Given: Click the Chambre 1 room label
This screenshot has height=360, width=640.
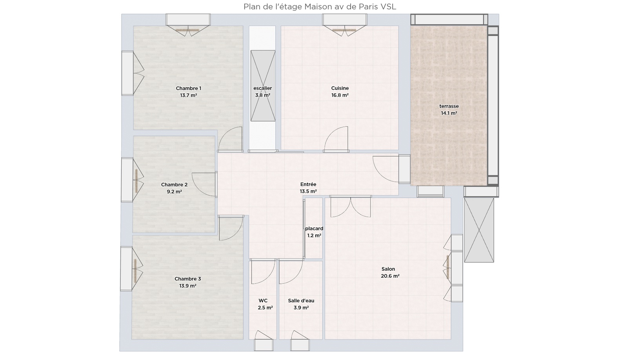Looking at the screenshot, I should click(x=188, y=88).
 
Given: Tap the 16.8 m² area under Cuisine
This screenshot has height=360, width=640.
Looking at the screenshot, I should click(x=340, y=95).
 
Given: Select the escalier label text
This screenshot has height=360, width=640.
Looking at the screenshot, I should click(x=262, y=88).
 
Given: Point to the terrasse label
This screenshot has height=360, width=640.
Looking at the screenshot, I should click(x=449, y=106).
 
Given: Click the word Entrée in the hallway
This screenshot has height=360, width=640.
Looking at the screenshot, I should click(x=308, y=184).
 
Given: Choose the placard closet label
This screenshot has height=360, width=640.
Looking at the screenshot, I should click(x=314, y=229).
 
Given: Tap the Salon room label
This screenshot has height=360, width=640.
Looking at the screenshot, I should click(x=388, y=269).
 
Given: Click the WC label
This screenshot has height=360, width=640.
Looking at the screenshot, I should click(x=263, y=301).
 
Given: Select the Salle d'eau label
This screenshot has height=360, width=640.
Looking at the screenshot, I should click(x=301, y=301).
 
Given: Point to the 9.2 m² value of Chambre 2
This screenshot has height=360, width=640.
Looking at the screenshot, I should click(x=174, y=192).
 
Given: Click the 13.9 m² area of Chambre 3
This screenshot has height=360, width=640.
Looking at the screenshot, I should click(x=187, y=286).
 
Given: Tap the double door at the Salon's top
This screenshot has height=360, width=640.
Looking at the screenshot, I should click(x=350, y=207).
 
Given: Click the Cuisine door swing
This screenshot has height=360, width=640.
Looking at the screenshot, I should click(x=337, y=138).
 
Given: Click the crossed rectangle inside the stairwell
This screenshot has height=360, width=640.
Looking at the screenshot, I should click(x=263, y=85).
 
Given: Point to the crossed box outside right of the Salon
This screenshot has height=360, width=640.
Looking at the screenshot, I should click(x=479, y=230).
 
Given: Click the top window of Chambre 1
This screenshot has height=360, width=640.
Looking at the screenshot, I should click(x=188, y=20).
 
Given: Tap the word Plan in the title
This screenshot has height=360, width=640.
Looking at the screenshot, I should click(x=251, y=7).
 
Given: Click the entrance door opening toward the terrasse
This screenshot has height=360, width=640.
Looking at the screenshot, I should click(x=386, y=168).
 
